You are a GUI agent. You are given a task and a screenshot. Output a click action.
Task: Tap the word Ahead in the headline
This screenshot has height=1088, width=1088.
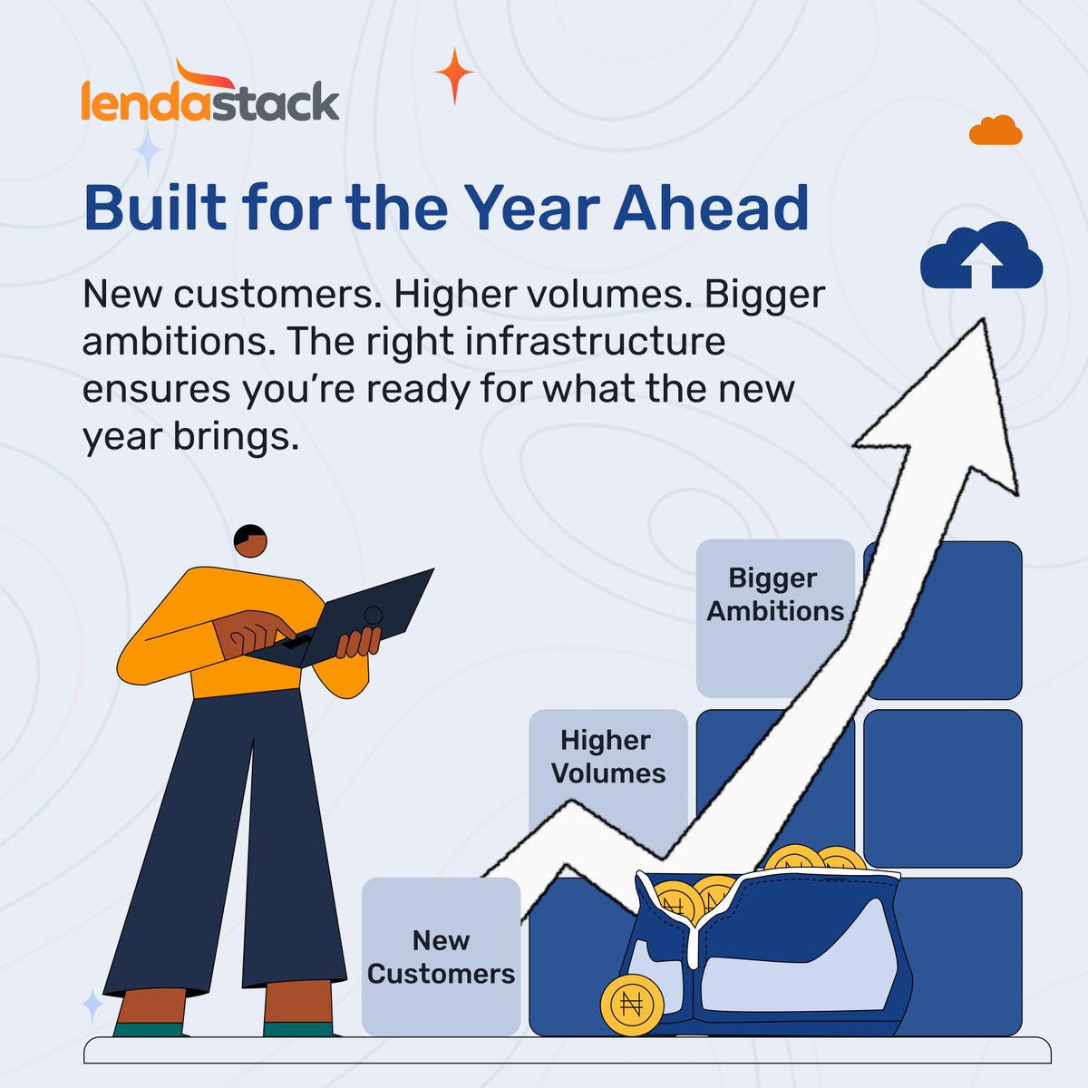tap(712, 208)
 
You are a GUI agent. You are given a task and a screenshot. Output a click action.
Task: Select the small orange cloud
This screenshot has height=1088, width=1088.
tap(996, 131)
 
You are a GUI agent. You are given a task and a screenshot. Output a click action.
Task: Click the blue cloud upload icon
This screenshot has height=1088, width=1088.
tap(981, 256)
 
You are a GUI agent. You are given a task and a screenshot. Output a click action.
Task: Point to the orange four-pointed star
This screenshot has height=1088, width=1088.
tap(454, 76)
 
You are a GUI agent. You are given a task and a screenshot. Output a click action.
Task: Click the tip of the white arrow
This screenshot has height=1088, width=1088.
tap(983, 320)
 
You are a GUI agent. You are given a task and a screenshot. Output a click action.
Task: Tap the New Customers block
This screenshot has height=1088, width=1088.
tap(441, 957)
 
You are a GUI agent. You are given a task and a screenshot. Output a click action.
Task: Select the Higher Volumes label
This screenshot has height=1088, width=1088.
tap(608, 756)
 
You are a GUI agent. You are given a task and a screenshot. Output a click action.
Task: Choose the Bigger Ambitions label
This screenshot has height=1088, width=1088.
tap(774, 595)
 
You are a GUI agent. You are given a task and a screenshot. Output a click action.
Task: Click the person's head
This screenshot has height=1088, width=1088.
tap(250, 541)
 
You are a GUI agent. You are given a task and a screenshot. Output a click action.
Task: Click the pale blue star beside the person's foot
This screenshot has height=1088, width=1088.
tap(92, 1005)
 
